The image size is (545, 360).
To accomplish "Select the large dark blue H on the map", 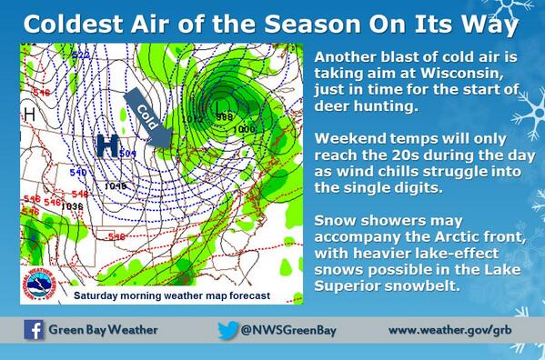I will coord(108,146).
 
